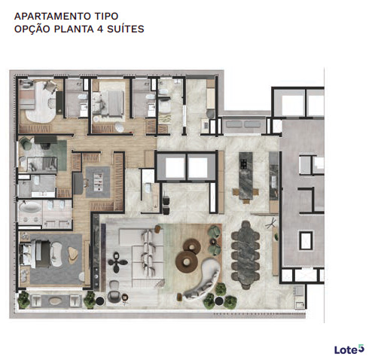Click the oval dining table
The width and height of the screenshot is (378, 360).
click(x=245, y=253)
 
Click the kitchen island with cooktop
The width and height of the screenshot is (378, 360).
click(x=245, y=176)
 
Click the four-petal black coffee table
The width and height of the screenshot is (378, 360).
click(x=118, y=264)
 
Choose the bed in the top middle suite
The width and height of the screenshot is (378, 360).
click(x=111, y=101)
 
